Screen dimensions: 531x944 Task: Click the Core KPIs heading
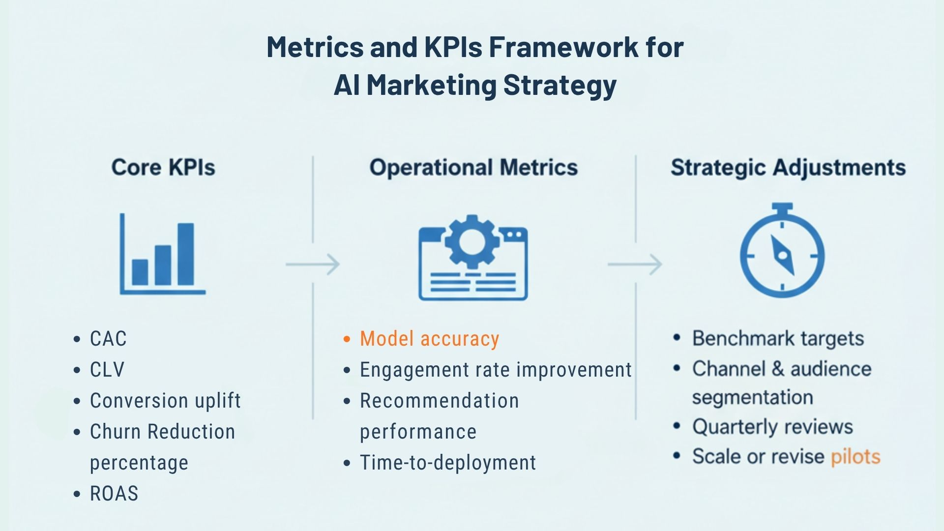click(163, 168)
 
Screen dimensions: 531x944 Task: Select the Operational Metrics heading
click(473, 168)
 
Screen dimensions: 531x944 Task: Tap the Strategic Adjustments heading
click(788, 168)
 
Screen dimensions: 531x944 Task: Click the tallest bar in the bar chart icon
click(185, 254)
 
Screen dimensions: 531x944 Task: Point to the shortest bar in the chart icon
click(140, 272)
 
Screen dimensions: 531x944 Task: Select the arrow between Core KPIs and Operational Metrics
click(313, 265)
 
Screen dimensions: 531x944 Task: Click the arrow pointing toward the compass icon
click(635, 265)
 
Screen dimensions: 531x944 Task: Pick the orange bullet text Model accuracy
click(429, 339)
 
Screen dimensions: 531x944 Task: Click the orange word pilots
click(855, 457)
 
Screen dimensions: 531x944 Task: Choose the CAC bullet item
click(108, 339)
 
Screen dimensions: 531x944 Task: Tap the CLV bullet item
click(107, 370)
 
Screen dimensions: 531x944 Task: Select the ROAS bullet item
click(114, 494)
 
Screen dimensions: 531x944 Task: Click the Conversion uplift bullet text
click(165, 401)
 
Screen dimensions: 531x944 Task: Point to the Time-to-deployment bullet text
click(448, 463)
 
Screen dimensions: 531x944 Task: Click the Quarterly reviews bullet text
click(772, 427)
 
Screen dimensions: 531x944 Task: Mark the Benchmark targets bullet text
click(778, 339)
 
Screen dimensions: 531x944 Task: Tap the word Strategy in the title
click(560, 85)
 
